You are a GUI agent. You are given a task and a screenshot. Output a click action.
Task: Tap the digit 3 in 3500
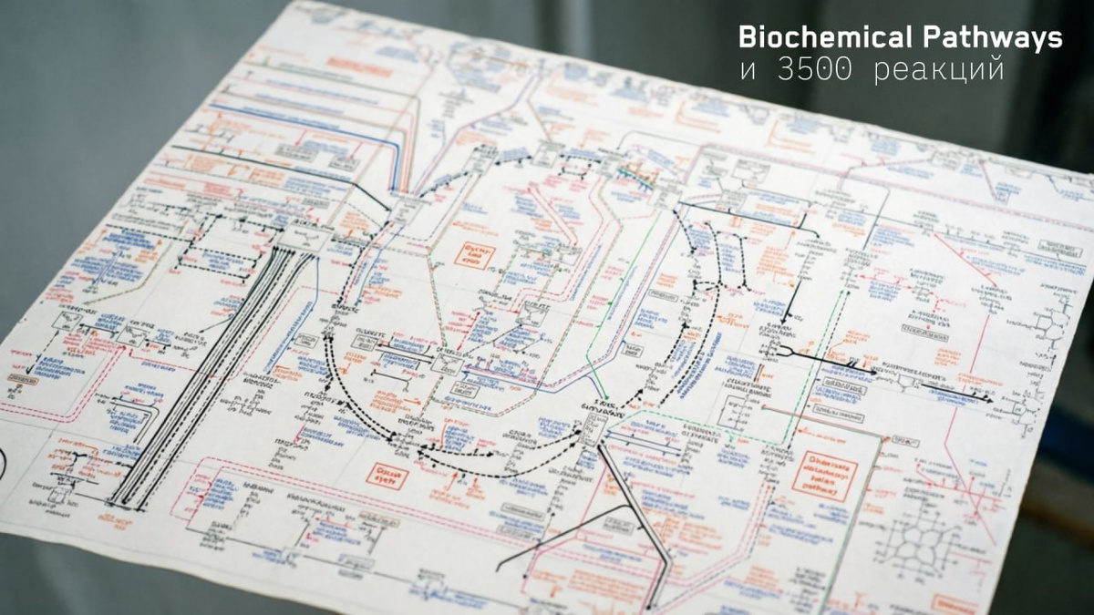pyautogui.click(x=786, y=70)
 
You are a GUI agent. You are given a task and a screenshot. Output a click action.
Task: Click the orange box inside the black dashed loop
pyautogui.click(x=474, y=254)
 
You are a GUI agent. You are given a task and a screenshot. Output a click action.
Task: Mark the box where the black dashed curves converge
pyautogui.click(x=591, y=429)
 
